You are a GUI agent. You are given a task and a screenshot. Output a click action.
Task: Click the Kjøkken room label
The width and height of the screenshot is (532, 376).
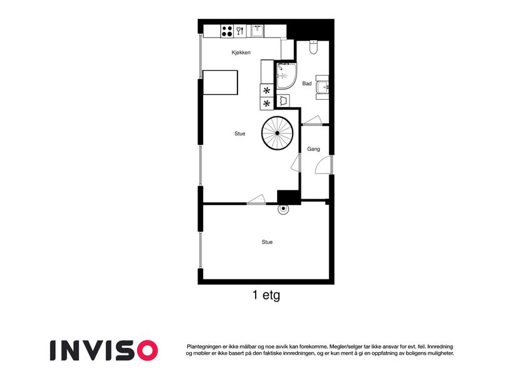(241, 53)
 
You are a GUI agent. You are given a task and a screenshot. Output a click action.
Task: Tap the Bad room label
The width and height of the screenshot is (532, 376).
(306, 83)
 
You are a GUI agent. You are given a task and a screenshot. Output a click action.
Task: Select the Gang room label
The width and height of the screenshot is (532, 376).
(313, 149)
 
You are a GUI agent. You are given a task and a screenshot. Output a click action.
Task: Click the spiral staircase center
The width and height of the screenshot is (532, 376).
(277, 133)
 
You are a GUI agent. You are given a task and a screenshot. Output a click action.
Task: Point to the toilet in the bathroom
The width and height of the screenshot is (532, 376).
(313, 47)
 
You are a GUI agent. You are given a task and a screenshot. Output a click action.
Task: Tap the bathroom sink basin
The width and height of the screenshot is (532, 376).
(322, 88)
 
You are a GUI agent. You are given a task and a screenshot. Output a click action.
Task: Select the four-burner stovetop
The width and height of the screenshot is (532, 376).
(227, 31)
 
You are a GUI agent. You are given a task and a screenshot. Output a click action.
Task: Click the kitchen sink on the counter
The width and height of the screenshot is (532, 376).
(258, 31)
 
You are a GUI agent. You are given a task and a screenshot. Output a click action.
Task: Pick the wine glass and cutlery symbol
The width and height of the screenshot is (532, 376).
(240, 31)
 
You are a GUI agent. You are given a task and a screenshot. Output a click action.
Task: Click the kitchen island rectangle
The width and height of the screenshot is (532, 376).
(220, 82)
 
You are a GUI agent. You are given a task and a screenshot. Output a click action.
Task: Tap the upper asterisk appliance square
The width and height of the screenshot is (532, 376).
(267, 90)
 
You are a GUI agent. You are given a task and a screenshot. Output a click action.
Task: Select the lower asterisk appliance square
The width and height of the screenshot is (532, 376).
(267, 103)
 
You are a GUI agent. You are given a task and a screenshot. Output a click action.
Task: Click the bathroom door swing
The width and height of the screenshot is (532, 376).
(312, 120)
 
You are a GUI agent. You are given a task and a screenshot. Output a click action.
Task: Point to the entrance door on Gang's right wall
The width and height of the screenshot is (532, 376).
(323, 165)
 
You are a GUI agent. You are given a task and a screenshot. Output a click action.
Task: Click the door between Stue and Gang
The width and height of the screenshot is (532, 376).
(296, 162)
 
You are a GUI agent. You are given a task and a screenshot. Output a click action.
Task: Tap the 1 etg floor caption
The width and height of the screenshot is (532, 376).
(266, 295)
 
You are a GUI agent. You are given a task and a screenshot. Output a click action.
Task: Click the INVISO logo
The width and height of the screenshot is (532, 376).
(104, 350)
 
